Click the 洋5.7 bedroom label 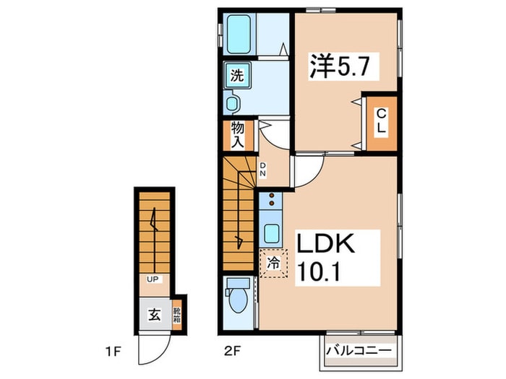pyautogui.click(x=339, y=67)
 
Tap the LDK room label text pyautogui.click(x=325, y=244)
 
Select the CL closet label pyautogui.click(x=382, y=121)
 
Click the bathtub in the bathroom pyautogui.click(x=239, y=35)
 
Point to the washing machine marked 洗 pyautogui.click(x=238, y=75)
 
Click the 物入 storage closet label pyautogui.click(x=238, y=135)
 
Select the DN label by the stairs pyautogui.click(x=263, y=169)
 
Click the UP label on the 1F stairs pyautogui.click(x=153, y=279)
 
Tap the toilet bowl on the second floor pyautogui.click(x=238, y=297)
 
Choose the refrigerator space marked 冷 pyautogui.click(x=273, y=263)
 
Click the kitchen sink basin pyautogui.click(x=271, y=234)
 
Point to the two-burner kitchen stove pyautogui.click(x=271, y=199)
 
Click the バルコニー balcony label pyautogui.click(x=359, y=350)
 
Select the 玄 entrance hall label pyautogui.click(x=154, y=314)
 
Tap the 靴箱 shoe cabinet pyautogui.click(x=176, y=315)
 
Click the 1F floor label pyautogui.click(x=113, y=352)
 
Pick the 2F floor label pyautogui.click(x=233, y=350)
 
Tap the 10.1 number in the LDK pyautogui.click(x=318, y=271)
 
